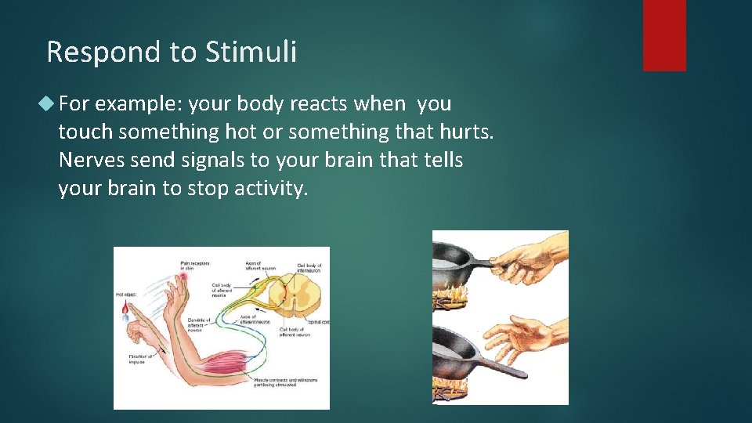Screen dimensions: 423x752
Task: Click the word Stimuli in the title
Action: coord(251,52)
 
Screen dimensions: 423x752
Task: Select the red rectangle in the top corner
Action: coord(664,35)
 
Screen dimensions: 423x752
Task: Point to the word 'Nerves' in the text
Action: coord(90,161)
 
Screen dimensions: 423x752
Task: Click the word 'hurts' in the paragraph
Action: coord(466,132)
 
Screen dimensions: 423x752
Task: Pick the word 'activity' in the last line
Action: coord(269,189)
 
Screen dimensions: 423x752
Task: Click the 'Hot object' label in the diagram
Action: coord(126,294)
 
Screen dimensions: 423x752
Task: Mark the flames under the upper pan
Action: coord(452,298)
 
